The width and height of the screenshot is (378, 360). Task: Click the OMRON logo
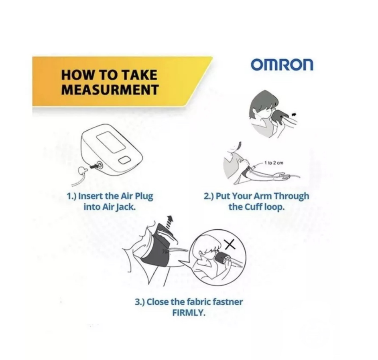point(282,65)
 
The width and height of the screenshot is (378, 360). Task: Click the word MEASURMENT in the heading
point(110,89)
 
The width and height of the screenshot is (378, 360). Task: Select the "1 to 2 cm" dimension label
point(274,163)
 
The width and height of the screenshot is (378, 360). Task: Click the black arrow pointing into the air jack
point(93,166)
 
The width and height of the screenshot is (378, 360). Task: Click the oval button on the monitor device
point(125,160)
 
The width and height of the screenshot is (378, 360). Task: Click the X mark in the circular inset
point(230,245)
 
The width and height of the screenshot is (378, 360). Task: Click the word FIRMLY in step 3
point(189,313)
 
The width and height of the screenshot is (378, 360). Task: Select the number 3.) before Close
point(140,302)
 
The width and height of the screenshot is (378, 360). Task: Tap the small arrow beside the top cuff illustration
point(294,114)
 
